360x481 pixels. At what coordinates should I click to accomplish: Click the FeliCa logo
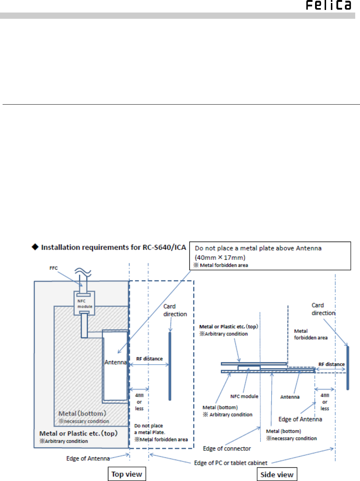coord(328,5)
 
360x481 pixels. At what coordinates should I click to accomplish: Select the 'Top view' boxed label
coord(127,474)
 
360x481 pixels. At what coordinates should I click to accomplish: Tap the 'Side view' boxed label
coord(277,474)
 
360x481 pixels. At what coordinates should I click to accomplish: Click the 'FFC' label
coord(53,268)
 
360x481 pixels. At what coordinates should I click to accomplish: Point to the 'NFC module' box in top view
coord(84,303)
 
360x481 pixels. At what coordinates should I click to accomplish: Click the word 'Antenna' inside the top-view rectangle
coord(116,362)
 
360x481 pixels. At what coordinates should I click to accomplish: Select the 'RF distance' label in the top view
coord(150,359)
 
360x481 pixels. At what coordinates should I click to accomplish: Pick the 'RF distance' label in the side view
coord(332,364)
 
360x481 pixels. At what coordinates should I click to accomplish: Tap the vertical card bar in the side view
coord(347,368)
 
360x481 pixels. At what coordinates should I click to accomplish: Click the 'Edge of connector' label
coord(227,449)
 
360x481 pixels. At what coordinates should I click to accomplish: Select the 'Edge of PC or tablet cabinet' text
coord(231,463)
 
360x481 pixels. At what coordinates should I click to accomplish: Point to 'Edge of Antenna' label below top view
coord(88,459)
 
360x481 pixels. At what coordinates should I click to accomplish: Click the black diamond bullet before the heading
coord(35,247)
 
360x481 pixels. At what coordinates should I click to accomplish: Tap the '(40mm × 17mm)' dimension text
coord(220,257)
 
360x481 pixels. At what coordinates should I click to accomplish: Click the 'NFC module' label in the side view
coord(244,396)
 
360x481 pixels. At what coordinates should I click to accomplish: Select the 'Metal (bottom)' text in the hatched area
coord(82,414)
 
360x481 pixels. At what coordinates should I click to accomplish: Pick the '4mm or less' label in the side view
coord(325,402)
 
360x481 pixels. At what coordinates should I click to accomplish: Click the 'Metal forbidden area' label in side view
coord(311,334)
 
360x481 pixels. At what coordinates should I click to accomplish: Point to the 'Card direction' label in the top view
coord(175,310)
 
